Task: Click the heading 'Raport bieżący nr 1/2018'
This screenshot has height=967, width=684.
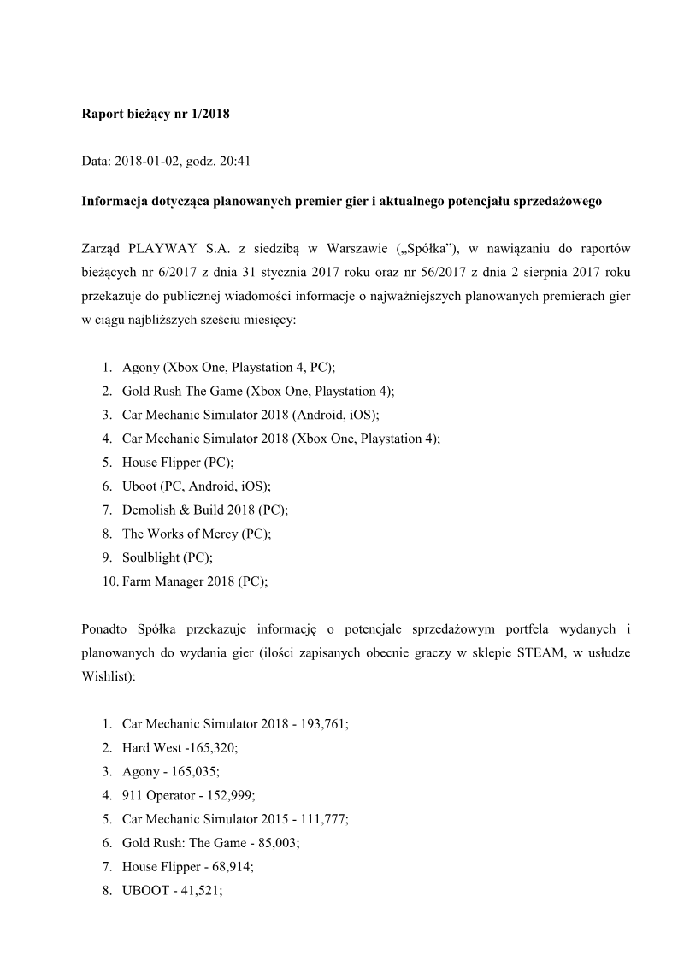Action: (x=156, y=113)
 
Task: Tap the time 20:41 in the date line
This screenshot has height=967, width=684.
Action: (x=233, y=159)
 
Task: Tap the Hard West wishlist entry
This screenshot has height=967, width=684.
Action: (x=180, y=747)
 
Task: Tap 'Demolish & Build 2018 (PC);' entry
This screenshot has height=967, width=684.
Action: (x=205, y=510)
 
